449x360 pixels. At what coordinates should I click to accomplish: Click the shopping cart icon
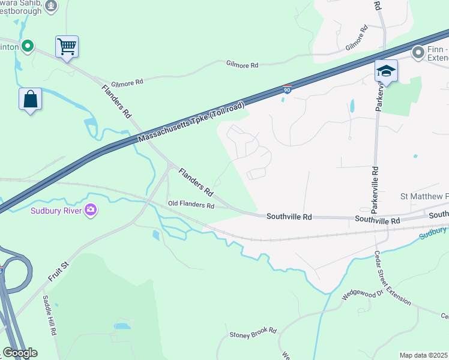(x=67, y=46)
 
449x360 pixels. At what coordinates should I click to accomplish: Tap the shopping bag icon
(x=31, y=99)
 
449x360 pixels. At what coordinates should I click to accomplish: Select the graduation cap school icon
(x=386, y=71)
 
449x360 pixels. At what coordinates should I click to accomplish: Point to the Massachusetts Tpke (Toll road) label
(x=191, y=122)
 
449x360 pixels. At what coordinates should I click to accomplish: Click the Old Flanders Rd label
(x=191, y=205)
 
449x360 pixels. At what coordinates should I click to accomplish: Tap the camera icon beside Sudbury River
(x=91, y=209)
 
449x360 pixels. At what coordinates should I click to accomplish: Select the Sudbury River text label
(x=57, y=210)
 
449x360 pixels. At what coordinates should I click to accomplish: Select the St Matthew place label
(x=424, y=197)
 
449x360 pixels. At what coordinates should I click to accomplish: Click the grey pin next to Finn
(x=418, y=53)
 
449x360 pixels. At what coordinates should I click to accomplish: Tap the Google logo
(x=19, y=353)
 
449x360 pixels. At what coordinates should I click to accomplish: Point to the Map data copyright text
(x=424, y=355)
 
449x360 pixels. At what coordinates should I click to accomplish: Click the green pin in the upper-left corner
(x=27, y=46)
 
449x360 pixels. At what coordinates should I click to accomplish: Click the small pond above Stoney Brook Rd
(x=122, y=326)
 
